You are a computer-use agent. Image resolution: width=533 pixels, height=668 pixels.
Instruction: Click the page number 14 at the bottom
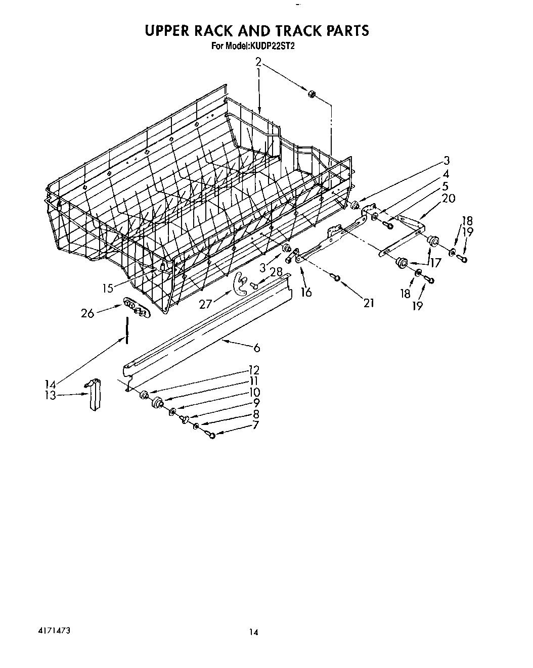coord(254,632)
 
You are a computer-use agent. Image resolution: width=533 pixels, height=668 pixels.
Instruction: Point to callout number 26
coord(87,313)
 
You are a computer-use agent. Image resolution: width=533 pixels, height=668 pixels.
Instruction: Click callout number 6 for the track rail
coord(257,347)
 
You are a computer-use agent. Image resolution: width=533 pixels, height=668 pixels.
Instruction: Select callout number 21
coord(369,303)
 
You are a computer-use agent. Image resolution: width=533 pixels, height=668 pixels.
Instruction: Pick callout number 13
coord(50,396)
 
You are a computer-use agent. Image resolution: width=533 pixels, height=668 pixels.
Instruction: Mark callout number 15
coord(107,289)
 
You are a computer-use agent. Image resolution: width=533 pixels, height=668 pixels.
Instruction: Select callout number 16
coord(306,292)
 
